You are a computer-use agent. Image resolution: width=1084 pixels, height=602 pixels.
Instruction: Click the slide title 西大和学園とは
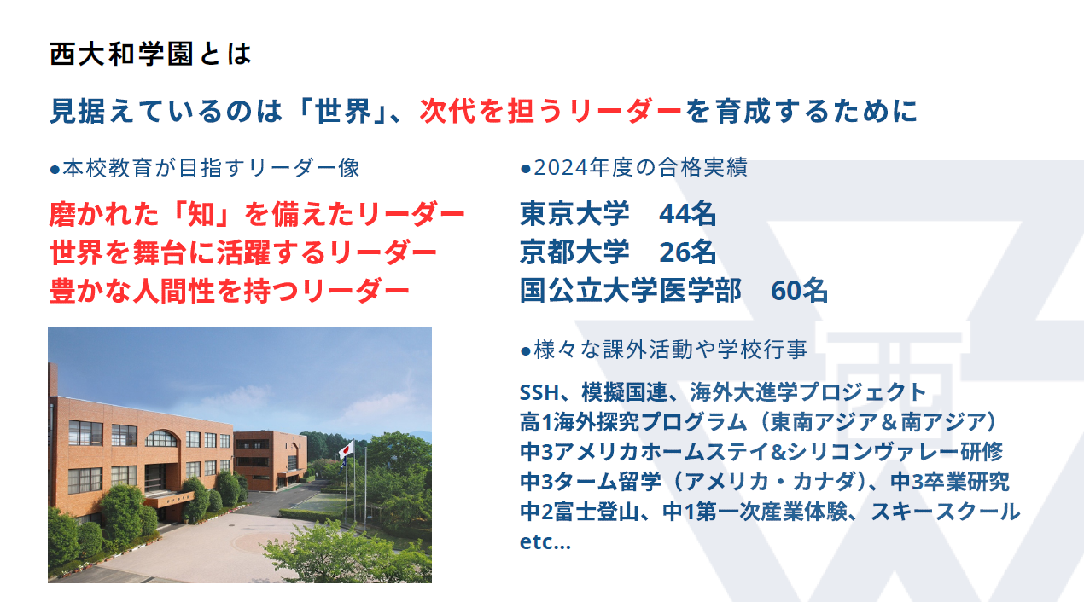point(150,54)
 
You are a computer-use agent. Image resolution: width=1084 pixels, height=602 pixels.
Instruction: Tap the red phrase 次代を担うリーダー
point(551,111)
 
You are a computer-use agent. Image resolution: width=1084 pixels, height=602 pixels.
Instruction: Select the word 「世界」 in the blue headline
point(342,111)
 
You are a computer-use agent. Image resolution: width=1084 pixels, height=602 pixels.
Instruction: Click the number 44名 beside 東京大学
point(687,214)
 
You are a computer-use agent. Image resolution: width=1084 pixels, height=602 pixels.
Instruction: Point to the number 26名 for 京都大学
point(687,252)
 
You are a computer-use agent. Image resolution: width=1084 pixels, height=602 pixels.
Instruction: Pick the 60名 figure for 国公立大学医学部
point(799,291)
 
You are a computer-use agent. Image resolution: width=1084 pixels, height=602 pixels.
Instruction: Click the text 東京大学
point(574,214)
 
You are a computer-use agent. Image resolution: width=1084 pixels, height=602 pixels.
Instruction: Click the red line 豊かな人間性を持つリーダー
point(230,291)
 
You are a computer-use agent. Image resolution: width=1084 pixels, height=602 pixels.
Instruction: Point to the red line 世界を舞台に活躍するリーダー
point(243,252)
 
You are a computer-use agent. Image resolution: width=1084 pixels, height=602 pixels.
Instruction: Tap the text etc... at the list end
point(545,542)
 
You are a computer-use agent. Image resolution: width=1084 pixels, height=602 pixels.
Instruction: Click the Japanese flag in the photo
point(346,450)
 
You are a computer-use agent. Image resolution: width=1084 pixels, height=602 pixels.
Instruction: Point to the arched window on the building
point(160,438)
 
